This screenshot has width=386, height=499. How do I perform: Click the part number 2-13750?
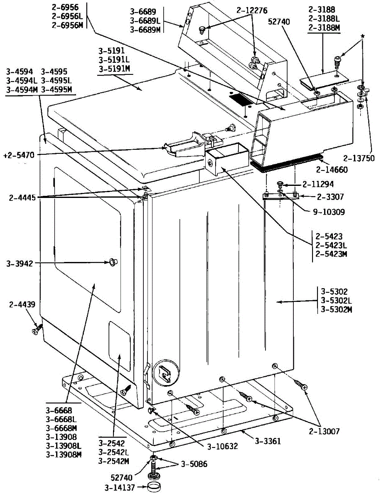coord(359,158)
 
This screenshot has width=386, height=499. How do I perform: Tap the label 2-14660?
coord(332,170)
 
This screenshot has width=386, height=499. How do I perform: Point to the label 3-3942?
coord(20,263)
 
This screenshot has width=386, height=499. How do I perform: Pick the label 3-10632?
coord(222,447)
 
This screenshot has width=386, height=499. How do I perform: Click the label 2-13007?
coord(324,432)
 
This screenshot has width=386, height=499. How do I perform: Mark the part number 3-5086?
coord(192,464)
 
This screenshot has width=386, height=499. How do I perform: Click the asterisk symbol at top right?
coord(362,36)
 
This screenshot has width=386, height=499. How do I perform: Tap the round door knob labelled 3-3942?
coord(112,262)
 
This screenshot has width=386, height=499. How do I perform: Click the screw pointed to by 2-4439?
coord(36,330)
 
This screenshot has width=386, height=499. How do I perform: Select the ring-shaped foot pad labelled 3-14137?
coord(155,487)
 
